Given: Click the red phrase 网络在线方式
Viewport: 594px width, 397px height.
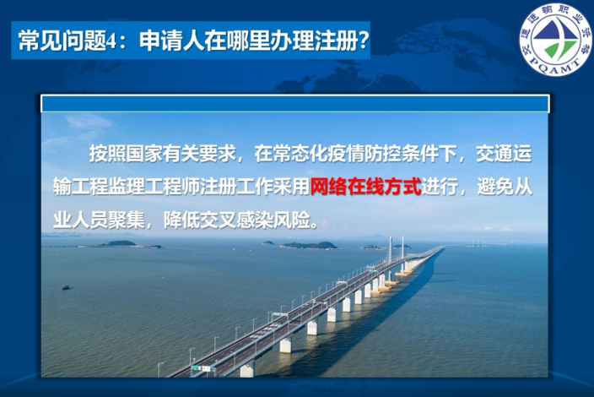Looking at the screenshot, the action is [365, 187].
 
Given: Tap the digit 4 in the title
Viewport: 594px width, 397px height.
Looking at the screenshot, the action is [111, 41].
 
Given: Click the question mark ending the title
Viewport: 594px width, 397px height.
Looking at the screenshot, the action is [363, 41].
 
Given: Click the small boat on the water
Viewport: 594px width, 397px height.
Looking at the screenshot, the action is [66, 287].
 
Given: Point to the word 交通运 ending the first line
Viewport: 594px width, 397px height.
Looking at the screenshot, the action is [504, 154].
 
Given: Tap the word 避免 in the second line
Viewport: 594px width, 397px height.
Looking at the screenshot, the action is [494, 187].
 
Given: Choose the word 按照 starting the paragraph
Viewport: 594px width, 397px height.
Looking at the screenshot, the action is [108, 154].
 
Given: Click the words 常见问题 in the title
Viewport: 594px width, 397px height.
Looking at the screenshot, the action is [62, 41].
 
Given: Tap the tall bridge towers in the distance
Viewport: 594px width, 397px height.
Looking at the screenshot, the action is [397, 248].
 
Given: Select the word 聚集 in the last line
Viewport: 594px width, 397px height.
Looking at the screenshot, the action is [127, 220].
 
